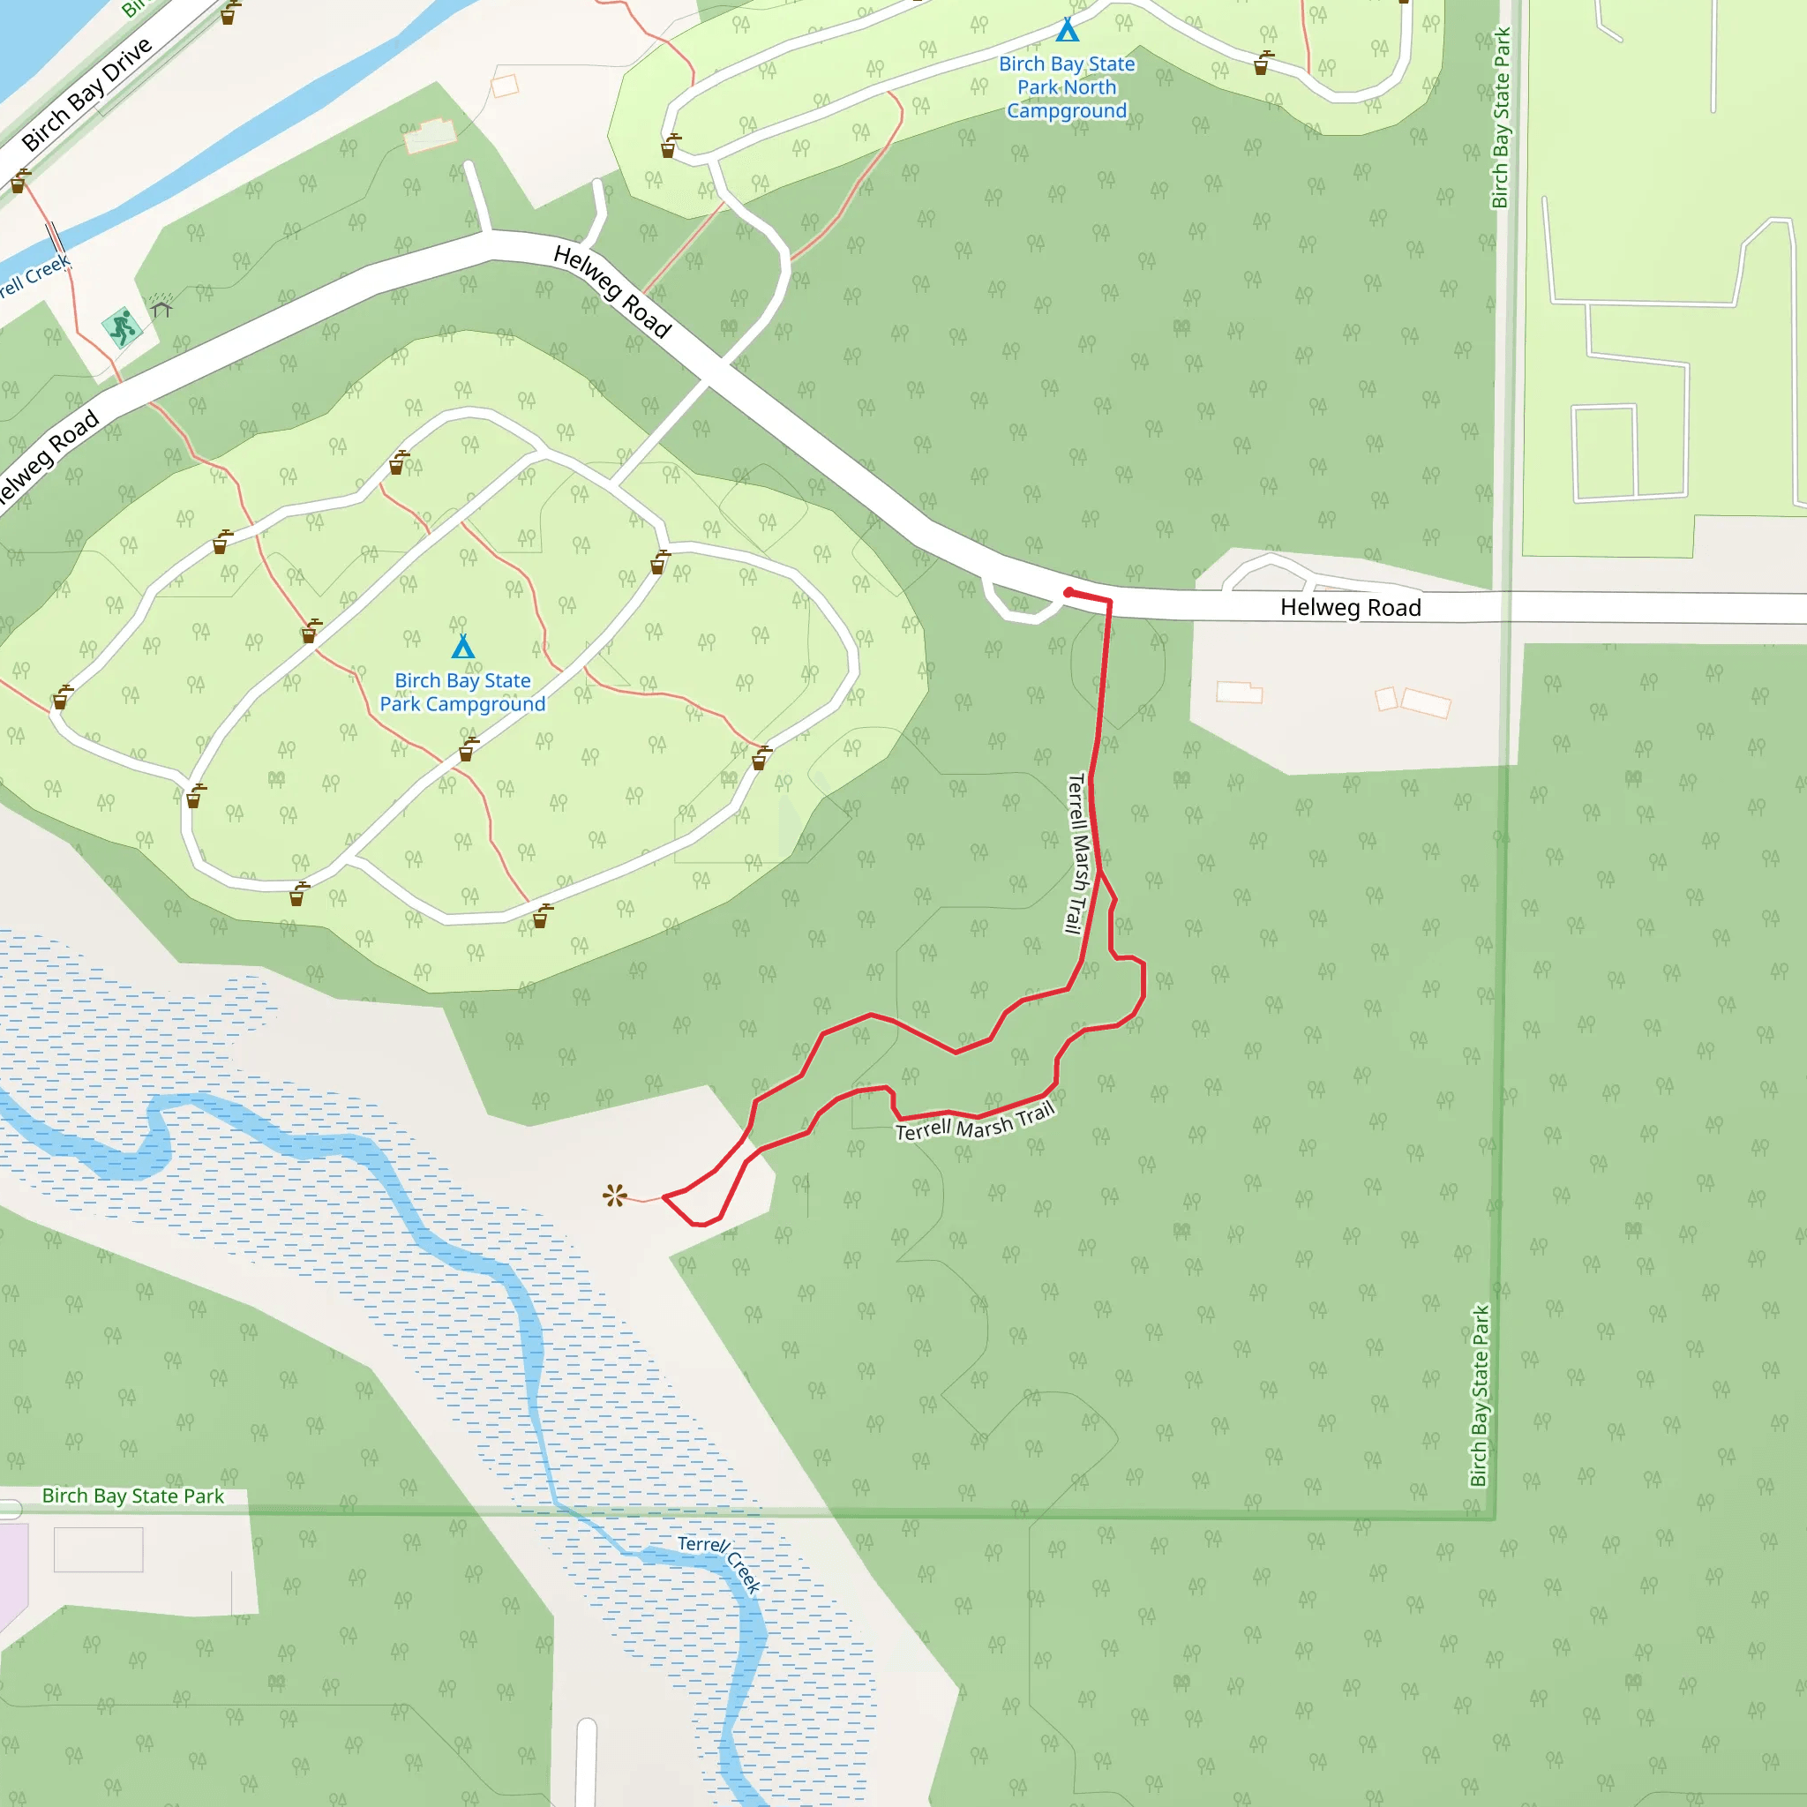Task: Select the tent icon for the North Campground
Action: point(1068,31)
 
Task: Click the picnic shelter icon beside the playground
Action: point(161,306)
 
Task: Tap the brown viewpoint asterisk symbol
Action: point(614,1196)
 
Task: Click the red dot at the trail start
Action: point(1068,592)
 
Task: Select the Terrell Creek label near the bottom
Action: point(719,1563)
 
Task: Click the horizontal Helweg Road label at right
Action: point(1350,608)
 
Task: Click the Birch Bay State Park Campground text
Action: point(463,692)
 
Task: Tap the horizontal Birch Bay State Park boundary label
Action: point(133,1496)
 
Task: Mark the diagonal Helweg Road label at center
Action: point(612,291)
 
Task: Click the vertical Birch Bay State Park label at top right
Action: point(1500,118)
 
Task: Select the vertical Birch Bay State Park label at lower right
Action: point(1479,1396)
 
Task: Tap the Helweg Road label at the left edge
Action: point(47,458)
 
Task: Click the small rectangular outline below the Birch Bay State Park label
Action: point(98,1549)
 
